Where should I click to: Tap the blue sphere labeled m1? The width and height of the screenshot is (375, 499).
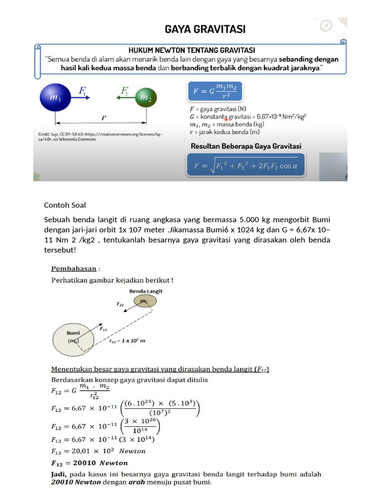(55, 97)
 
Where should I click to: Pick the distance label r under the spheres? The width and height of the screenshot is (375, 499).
(104, 117)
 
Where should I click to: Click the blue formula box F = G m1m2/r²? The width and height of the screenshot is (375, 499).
(215, 92)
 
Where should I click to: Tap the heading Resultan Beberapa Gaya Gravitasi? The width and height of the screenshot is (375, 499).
(245, 146)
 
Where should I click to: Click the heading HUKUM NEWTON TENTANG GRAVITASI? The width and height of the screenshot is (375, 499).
(191, 50)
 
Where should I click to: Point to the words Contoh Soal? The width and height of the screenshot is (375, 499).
(65, 205)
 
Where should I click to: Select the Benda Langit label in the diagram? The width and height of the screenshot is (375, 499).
(146, 291)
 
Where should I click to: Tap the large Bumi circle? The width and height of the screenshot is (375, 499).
(74, 337)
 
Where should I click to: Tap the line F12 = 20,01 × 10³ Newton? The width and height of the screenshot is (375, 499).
(98, 451)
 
